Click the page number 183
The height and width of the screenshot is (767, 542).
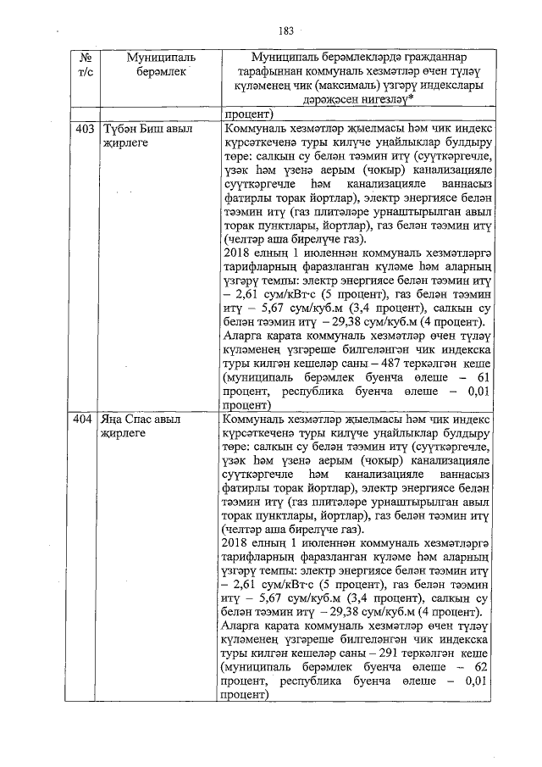pos(285,31)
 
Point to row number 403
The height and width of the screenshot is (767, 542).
pos(84,130)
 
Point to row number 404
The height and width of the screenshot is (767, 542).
pos(84,420)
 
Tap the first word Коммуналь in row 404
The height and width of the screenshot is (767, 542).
pos(252,420)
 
